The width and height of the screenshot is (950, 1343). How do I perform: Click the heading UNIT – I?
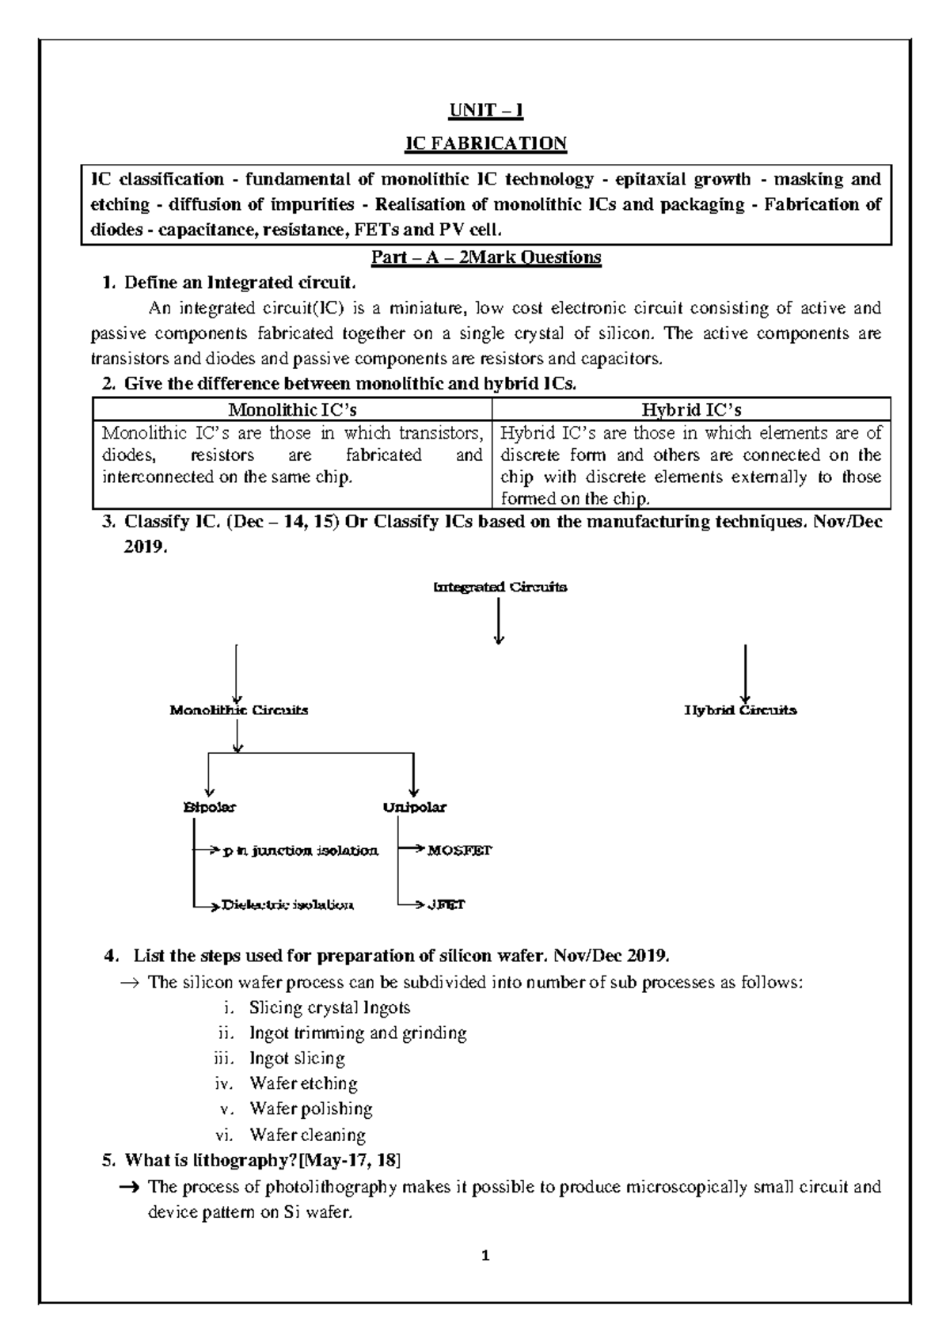486,110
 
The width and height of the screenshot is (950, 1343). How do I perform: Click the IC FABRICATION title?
486,143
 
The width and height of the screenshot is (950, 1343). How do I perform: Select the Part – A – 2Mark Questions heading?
486,257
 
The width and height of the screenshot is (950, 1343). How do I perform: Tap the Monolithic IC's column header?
292,409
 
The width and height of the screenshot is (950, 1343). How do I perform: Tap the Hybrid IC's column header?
690,409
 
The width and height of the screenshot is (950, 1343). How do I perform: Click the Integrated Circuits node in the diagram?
500,588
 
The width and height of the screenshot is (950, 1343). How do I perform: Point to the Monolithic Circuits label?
239,710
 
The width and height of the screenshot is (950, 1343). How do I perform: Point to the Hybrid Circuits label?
740,710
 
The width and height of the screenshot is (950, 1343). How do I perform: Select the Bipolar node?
209,808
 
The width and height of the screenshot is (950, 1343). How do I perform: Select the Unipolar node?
414,808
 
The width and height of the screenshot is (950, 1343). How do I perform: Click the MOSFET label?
459,851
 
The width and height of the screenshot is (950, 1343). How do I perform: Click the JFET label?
446,904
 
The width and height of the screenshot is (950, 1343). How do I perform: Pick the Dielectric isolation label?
287,904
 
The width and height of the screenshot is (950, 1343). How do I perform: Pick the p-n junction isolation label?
300,851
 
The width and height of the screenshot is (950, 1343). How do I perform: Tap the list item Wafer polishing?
310,1109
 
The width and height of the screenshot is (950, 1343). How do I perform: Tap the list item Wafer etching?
303,1083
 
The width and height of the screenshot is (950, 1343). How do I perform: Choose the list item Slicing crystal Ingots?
329,1008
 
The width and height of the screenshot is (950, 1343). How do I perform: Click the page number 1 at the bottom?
486,1256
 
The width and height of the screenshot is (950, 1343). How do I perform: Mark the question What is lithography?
261,1161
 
